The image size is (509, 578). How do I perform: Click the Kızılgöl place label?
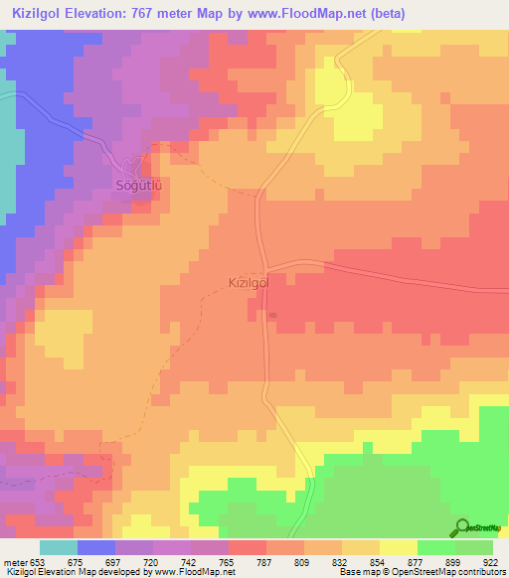(245, 283)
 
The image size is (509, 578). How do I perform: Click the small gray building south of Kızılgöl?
(273, 316)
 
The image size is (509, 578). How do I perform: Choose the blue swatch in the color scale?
(96, 547)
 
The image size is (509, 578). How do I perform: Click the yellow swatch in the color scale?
(398, 547)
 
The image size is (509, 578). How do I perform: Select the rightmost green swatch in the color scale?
(474, 547)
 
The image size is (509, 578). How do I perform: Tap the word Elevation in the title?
(108, 14)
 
